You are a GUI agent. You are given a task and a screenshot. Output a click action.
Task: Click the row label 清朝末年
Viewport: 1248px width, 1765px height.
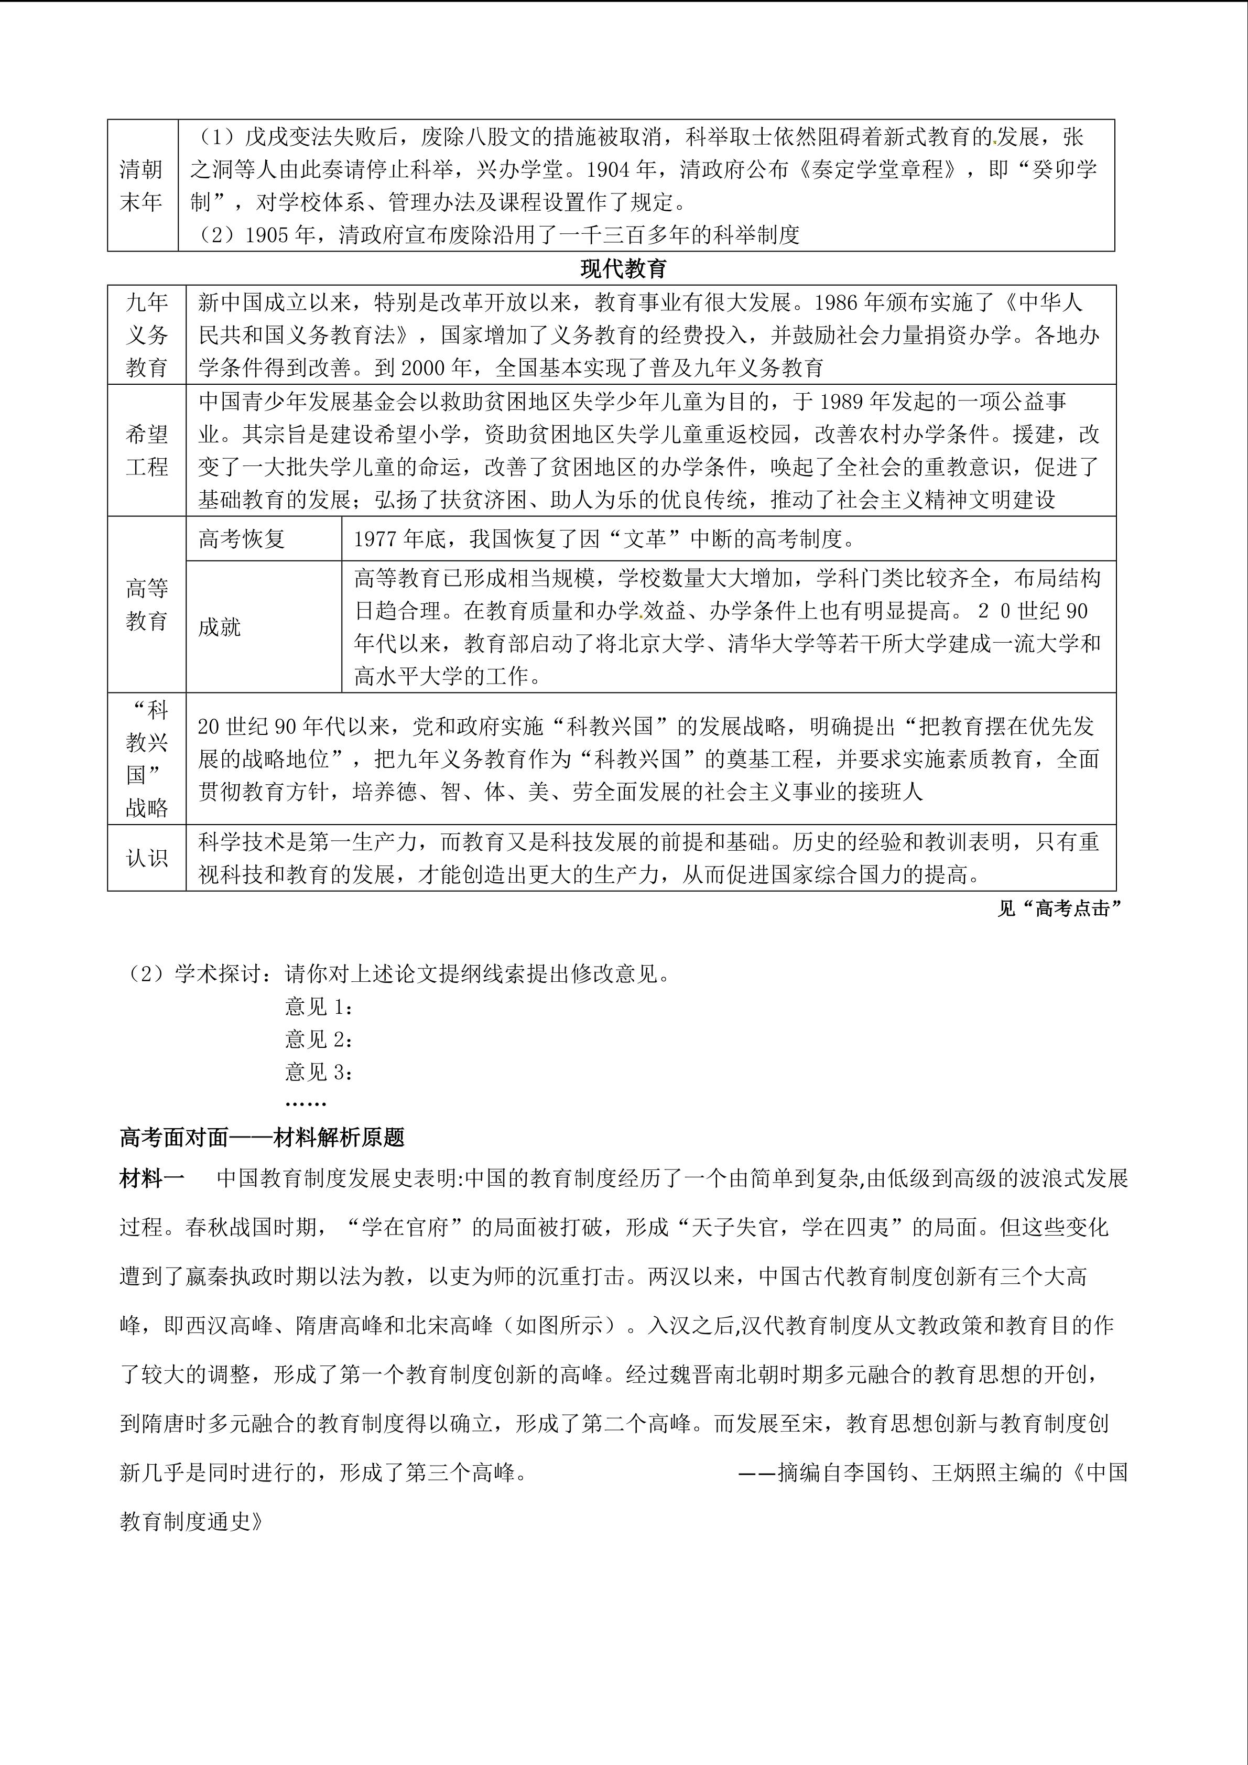pyautogui.click(x=142, y=185)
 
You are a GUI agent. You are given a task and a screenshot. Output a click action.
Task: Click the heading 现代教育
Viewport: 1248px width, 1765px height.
pyautogui.click(x=623, y=268)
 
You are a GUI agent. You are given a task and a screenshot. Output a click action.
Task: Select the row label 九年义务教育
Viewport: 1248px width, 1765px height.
pyautogui.click(x=147, y=334)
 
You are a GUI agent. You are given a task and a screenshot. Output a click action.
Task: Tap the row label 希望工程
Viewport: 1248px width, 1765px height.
pyautogui.click(x=147, y=450)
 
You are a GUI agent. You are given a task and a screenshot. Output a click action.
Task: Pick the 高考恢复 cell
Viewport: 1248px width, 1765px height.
pyautogui.click(x=242, y=539)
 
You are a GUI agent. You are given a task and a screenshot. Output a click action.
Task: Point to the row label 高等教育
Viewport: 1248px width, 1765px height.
pyautogui.click(x=147, y=605)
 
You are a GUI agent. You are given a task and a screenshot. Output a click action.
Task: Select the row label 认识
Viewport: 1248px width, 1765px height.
pyautogui.click(x=147, y=858)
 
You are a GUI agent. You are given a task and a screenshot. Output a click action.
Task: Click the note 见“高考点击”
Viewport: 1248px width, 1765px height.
pyautogui.click(x=1059, y=908)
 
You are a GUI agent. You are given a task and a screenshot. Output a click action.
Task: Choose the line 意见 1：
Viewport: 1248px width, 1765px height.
pyautogui.click(x=319, y=1006)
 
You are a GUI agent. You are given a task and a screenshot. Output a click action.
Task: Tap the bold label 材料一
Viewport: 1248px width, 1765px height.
pyautogui.click(x=152, y=1178)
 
